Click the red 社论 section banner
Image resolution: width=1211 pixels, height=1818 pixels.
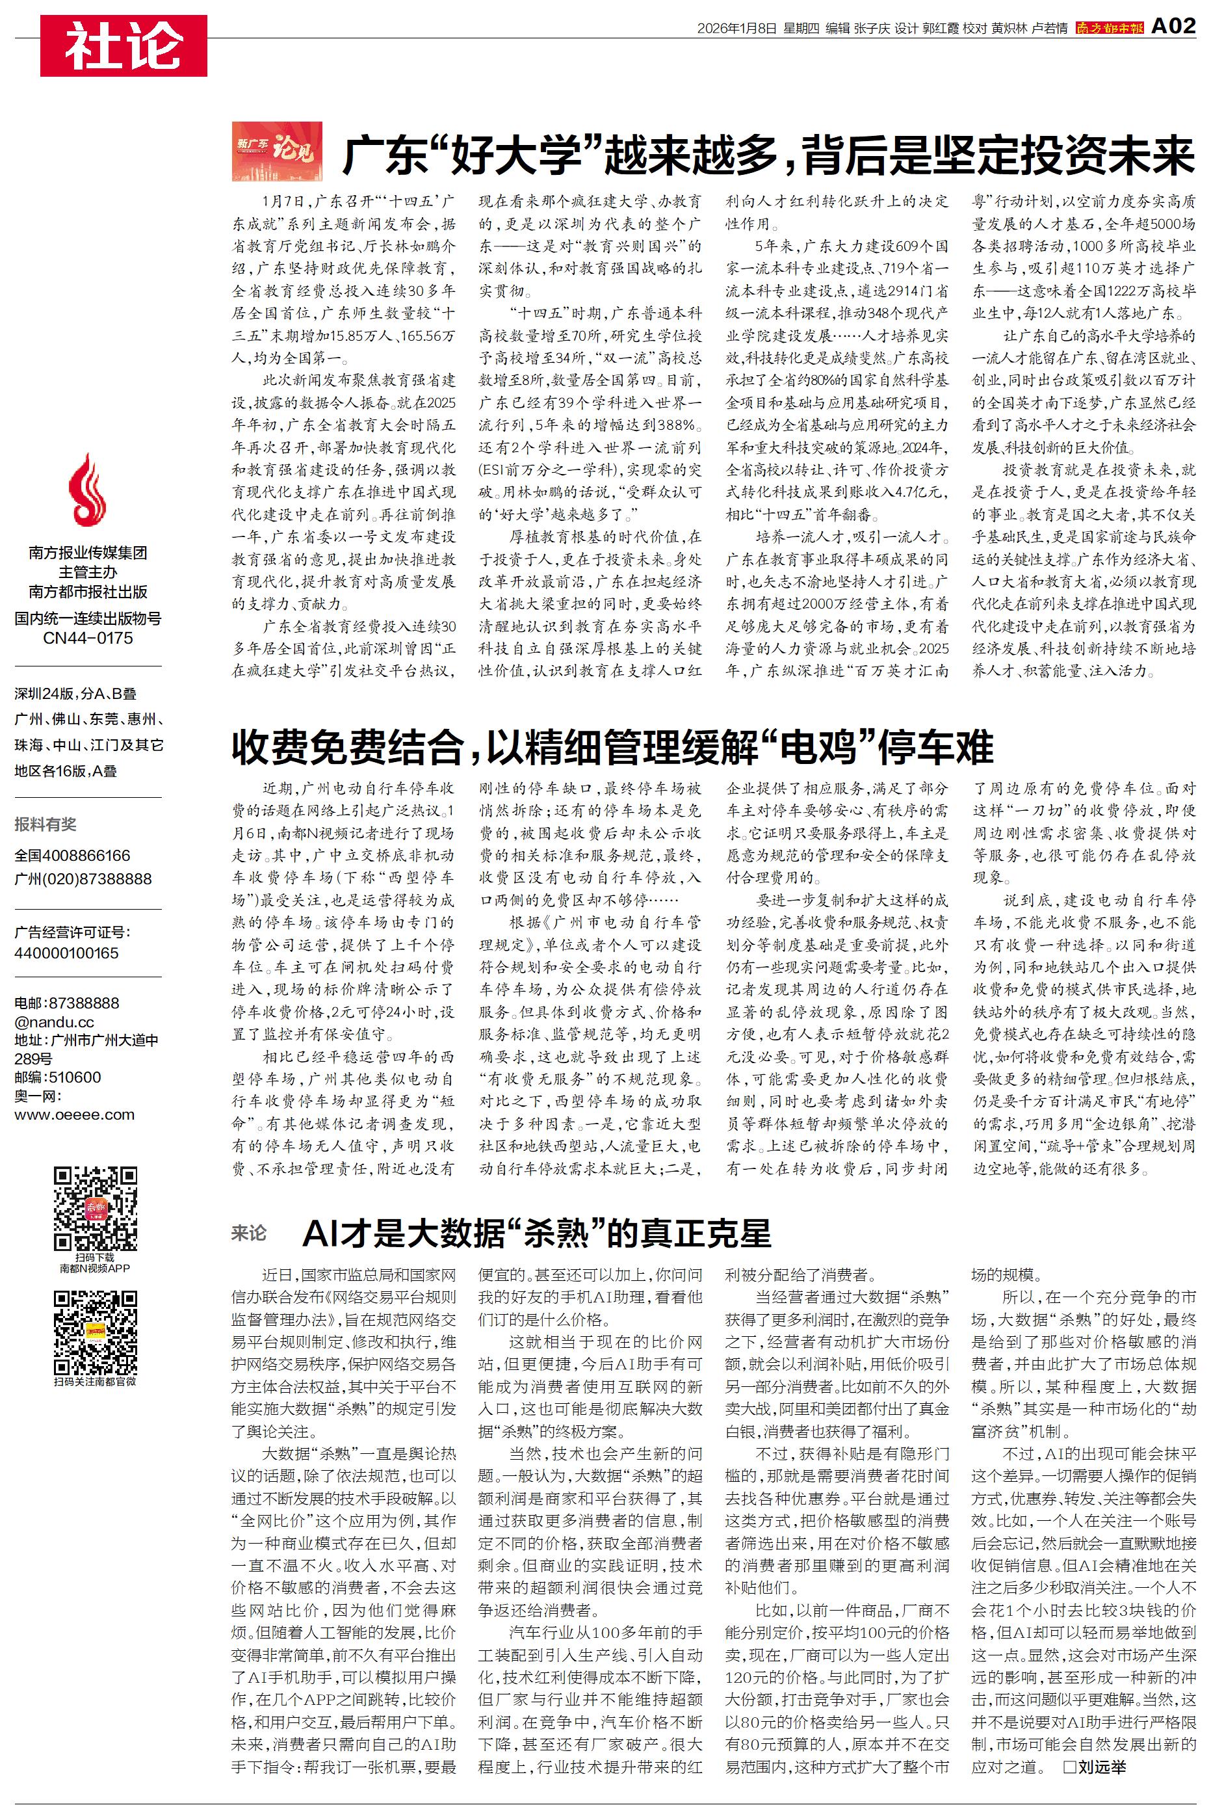pos(124,46)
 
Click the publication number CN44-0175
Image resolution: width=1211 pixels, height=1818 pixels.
pos(88,638)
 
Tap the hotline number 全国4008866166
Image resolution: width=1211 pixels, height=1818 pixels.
pos(73,856)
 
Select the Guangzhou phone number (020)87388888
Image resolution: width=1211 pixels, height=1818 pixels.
pos(83,879)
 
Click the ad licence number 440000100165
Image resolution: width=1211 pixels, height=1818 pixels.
pos(66,953)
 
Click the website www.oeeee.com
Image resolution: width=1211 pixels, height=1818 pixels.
pos(74,1114)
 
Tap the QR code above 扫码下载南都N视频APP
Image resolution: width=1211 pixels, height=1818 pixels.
pos(95,1209)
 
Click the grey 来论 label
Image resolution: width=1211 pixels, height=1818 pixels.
pos(249,1233)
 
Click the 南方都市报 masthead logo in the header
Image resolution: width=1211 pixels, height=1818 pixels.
pos(1109,29)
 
